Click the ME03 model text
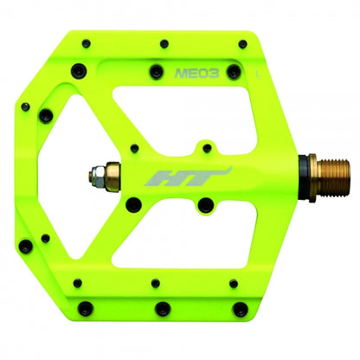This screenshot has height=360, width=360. pos(196,74)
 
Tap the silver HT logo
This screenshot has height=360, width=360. pos(188,177)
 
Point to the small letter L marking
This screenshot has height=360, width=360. pos(258,74)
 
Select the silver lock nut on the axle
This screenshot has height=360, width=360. pos(96,177)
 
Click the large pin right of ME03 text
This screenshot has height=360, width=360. pos(234,72)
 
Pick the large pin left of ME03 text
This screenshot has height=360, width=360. pos(157,72)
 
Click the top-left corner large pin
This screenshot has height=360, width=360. pos(78,70)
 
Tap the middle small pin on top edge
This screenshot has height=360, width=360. pos(164,44)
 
